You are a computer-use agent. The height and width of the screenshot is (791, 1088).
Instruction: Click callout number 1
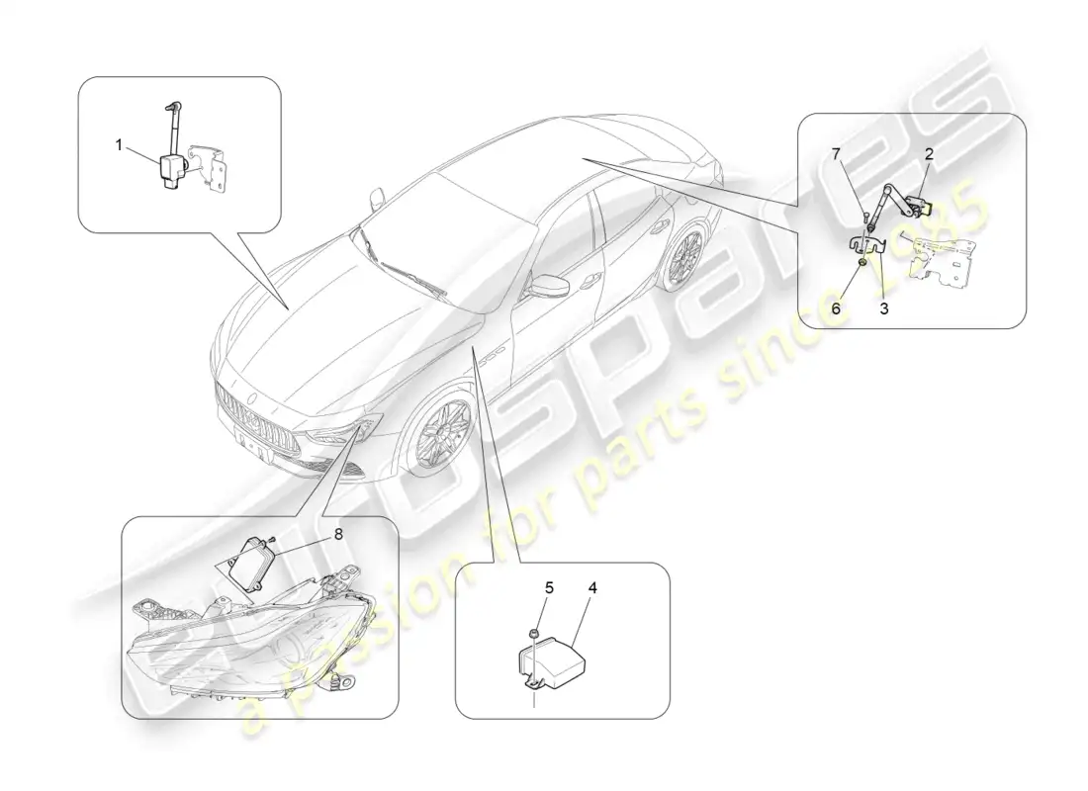pos(119,145)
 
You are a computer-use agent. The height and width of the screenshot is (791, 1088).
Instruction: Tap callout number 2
pos(929,154)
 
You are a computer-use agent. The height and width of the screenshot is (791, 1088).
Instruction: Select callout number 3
pos(884,308)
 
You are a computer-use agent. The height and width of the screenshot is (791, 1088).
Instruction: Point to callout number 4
pos(591,587)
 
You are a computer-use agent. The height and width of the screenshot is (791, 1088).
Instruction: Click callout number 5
pos(549,587)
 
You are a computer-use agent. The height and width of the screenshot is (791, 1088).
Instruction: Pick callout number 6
pos(836,308)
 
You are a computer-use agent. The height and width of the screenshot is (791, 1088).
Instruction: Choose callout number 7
pos(836,154)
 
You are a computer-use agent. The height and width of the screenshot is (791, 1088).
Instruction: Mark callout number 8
pos(338,534)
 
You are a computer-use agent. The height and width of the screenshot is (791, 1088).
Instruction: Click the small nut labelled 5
pos(533,632)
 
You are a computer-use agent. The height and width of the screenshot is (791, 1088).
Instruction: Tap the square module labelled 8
pos(252,558)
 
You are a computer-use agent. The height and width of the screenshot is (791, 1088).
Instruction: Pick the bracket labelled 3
pos(867,243)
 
